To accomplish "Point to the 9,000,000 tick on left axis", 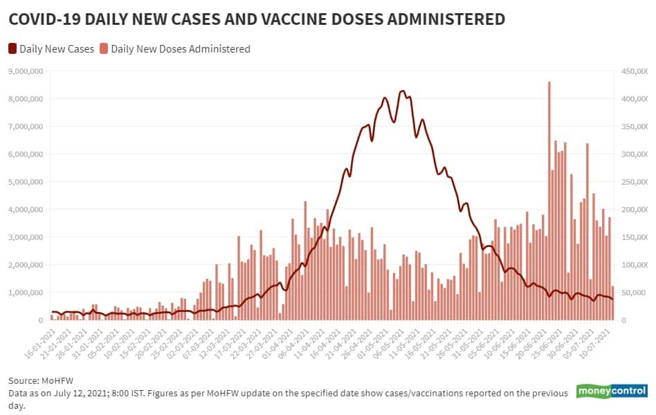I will (x=26, y=71).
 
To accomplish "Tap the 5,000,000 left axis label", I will (x=26, y=182).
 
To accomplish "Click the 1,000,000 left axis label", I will (x=26, y=293).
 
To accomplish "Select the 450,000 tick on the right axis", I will (x=633, y=71).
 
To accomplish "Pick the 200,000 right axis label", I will (x=633, y=210).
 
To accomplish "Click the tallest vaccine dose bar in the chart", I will (x=549, y=201).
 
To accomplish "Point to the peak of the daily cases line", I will (x=402, y=91).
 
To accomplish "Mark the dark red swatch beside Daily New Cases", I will (x=13, y=49).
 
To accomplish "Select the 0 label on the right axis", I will (x=625, y=320).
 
